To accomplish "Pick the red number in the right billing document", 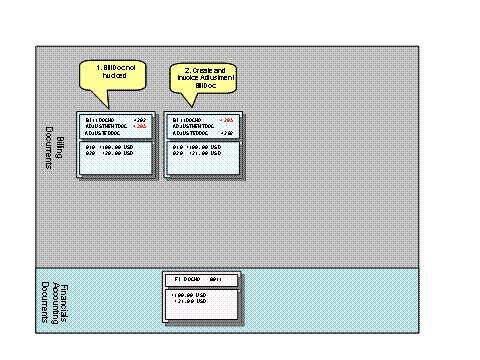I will coord(226,119).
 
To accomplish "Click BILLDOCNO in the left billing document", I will coord(99,119).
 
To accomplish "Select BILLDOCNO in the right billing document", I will coord(185,119).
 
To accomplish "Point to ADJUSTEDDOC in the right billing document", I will coord(187,132).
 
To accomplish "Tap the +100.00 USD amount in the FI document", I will coord(188,295).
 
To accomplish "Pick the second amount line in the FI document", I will coord(188,302).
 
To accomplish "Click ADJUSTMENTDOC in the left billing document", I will coord(103,125).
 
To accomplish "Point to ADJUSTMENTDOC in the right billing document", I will coord(190,125).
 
